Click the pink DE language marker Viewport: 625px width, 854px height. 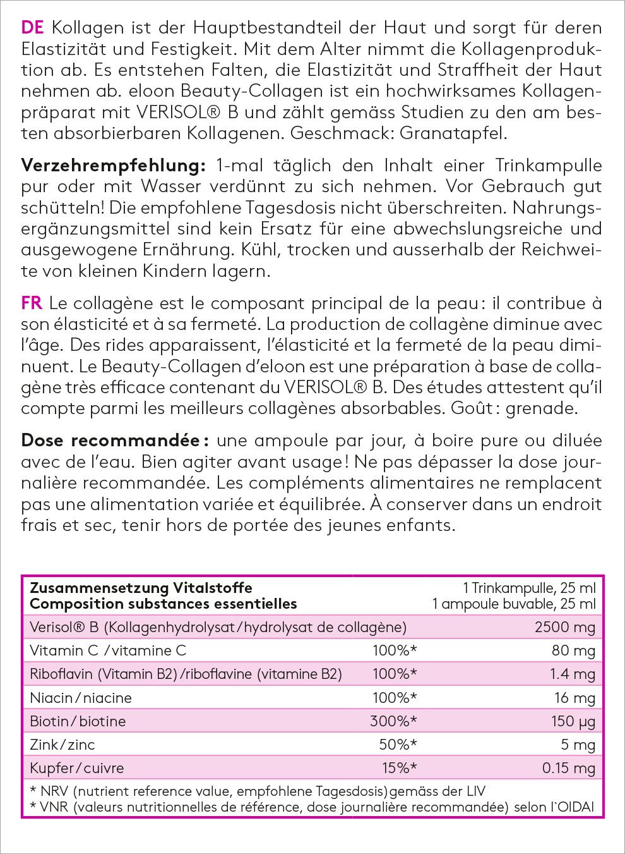(32, 28)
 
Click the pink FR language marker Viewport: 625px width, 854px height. (32, 303)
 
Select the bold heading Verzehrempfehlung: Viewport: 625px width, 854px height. (114, 166)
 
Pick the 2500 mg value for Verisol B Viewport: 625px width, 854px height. (564, 627)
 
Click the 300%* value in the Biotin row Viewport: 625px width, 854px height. (393, 721)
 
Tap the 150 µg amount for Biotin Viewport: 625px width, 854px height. (573, 721)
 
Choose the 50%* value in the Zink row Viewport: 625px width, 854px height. (398, 745)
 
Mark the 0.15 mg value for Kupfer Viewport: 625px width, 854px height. (568, 768)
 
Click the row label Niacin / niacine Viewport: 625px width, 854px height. (81, 698)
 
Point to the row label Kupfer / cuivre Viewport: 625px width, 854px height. (77, 768)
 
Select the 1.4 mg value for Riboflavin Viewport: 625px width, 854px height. (572, 674)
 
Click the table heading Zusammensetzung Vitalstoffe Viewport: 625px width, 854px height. (141, 588)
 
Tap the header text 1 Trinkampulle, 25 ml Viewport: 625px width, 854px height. (529, 588)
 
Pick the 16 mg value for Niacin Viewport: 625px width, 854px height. (574, 698)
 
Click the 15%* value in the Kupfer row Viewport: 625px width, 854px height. (399, 768)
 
